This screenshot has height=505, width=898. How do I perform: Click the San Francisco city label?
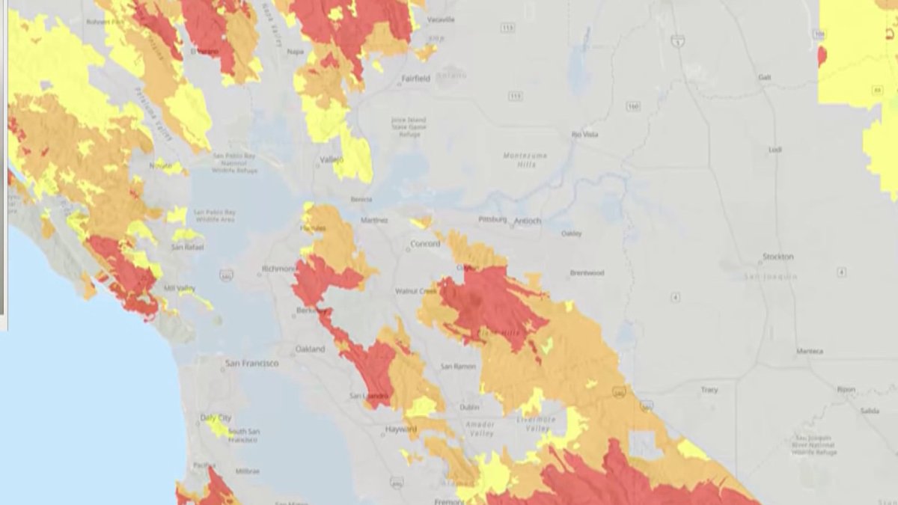click(x=252, y=364)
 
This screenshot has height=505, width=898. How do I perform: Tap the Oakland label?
click(x=310, y=349)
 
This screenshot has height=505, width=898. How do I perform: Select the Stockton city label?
click(x=778, y=257)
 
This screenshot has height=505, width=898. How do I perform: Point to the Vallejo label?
click(x=331, y=160)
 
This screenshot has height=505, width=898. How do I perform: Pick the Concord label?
click(x=425, y=244)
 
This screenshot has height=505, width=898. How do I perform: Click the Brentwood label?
click(x=586, y=273)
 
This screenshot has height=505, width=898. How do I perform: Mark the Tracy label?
click(x=709, y=390)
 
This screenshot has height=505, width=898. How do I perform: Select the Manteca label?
click(x=810, y=351)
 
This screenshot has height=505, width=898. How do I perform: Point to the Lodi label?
click(x=775, y=150)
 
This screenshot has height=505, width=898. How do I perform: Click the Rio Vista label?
click(x=585, y=135)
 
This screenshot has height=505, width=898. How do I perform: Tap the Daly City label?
click(x=216, y=417)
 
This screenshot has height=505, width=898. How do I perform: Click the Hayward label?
click(x=402, y=429)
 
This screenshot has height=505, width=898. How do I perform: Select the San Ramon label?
click(x=457, y=367)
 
